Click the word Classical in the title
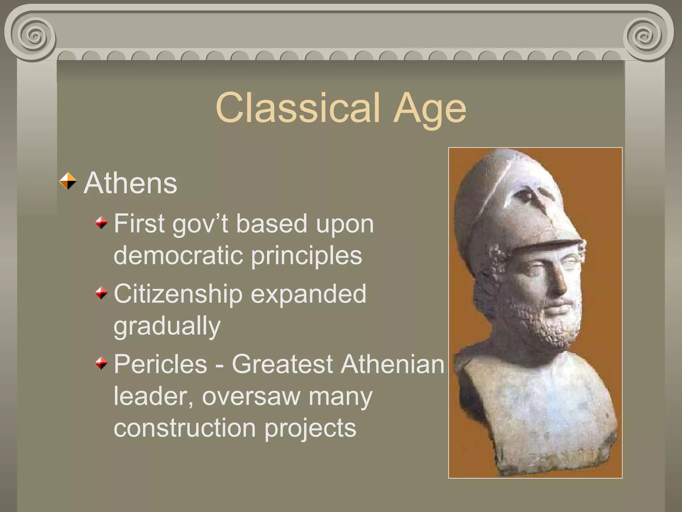pos(298,107)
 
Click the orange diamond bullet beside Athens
pos(68,181)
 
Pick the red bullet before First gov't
pos(101,223)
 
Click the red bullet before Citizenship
pos(101,293)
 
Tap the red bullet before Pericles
pos(101,363)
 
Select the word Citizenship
pos(178,294)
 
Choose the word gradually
pos(167,326)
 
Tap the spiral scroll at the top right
pos(646,36)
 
